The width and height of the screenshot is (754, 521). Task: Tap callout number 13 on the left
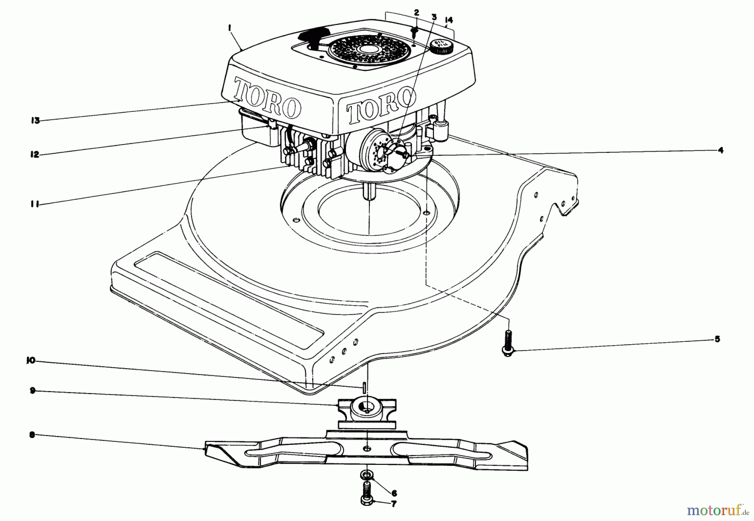point(35,121)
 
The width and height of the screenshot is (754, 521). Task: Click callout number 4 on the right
point(720,150)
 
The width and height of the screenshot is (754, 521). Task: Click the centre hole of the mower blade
point(367,449)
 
